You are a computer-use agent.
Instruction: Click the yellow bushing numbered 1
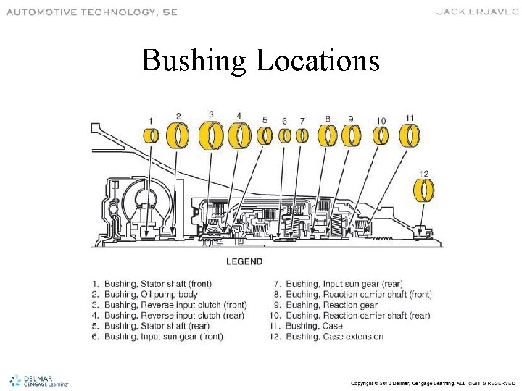152,135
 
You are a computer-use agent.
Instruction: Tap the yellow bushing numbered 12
425,190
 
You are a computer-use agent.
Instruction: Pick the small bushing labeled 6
285,135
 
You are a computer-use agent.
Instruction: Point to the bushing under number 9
352,135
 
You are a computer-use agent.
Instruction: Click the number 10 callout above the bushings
381,120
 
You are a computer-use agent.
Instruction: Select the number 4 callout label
239,116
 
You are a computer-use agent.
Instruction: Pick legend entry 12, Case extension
328,337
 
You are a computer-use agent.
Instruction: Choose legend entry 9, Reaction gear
330,305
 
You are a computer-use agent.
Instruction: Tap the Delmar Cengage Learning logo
38,380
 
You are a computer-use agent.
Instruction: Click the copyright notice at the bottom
432,382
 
